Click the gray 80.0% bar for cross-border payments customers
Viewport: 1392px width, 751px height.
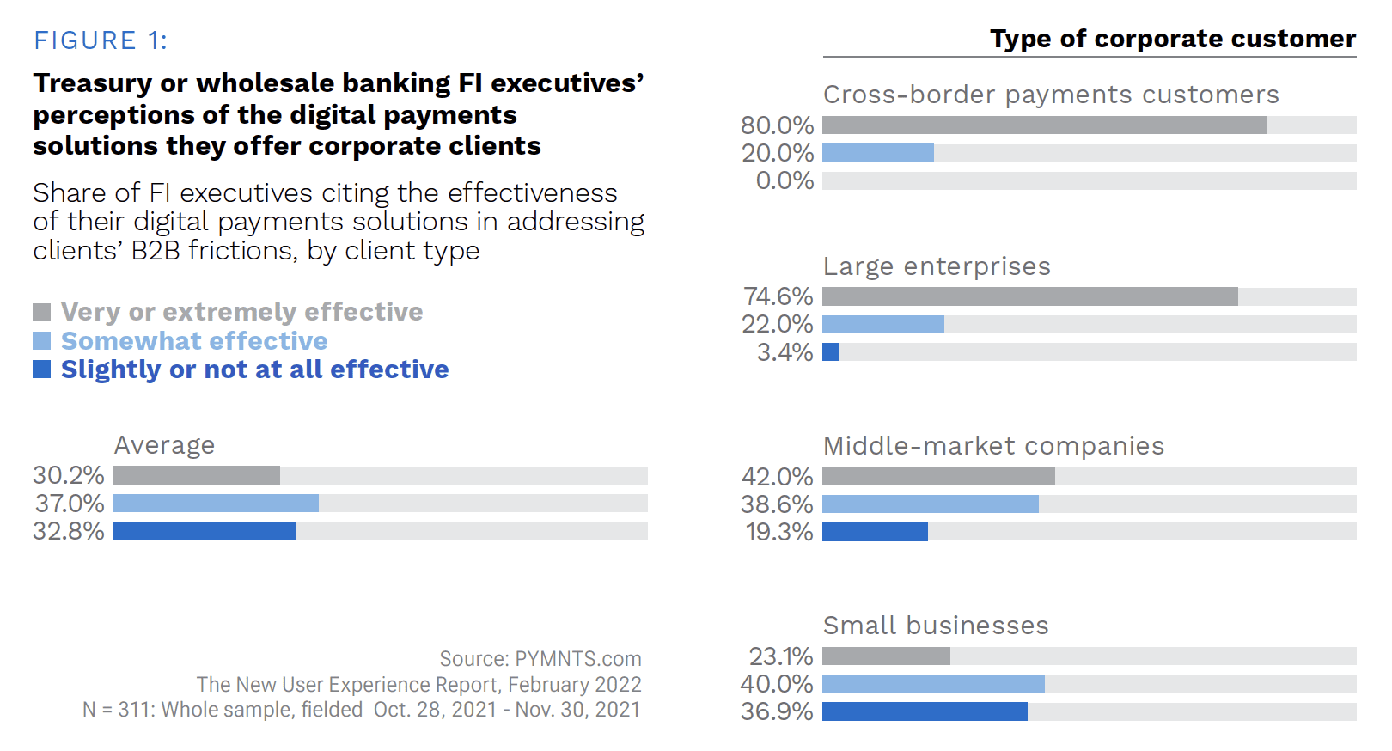1044,125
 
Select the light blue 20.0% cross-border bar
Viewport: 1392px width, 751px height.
878,153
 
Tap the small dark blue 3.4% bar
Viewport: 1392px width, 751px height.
831,352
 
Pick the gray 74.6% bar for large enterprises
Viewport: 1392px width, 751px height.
1029,296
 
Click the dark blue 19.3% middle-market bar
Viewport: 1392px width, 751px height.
875,532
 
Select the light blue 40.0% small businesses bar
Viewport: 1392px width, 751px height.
933,684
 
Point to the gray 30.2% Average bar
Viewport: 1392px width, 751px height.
197,475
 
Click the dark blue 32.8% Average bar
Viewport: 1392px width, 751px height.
205,531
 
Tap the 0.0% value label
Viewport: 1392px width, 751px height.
785,180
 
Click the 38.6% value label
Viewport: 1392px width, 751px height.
777,504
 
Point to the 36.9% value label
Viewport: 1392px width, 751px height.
777,711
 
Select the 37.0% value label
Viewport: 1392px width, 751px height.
70,504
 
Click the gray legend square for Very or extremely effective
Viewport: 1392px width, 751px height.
41,312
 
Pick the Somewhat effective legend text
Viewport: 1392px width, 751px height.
194,341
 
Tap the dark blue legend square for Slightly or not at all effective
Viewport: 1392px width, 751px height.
41,369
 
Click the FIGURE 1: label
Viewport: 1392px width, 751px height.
101,40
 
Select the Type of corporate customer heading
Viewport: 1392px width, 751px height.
1172,39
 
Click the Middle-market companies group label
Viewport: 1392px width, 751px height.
993,446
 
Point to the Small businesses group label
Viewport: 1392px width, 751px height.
936,626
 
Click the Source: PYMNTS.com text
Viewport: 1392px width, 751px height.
540,659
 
